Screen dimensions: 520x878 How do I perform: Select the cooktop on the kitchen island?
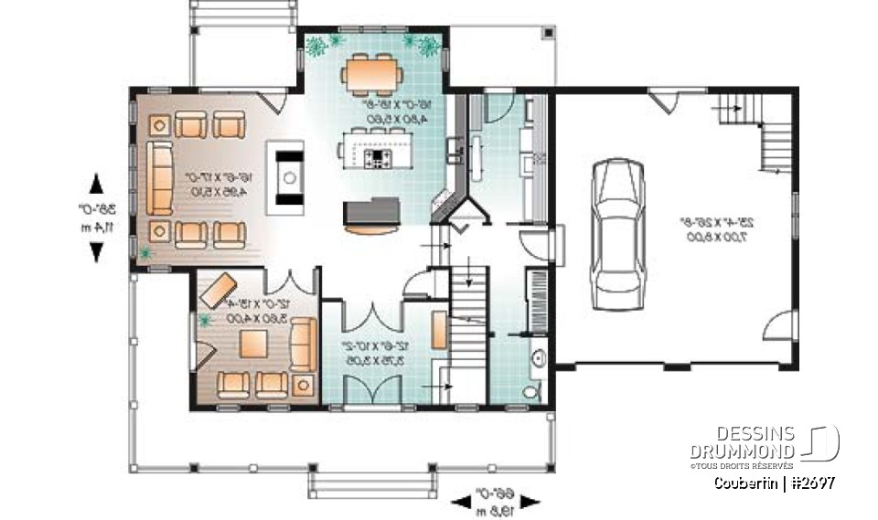coord(379,160)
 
